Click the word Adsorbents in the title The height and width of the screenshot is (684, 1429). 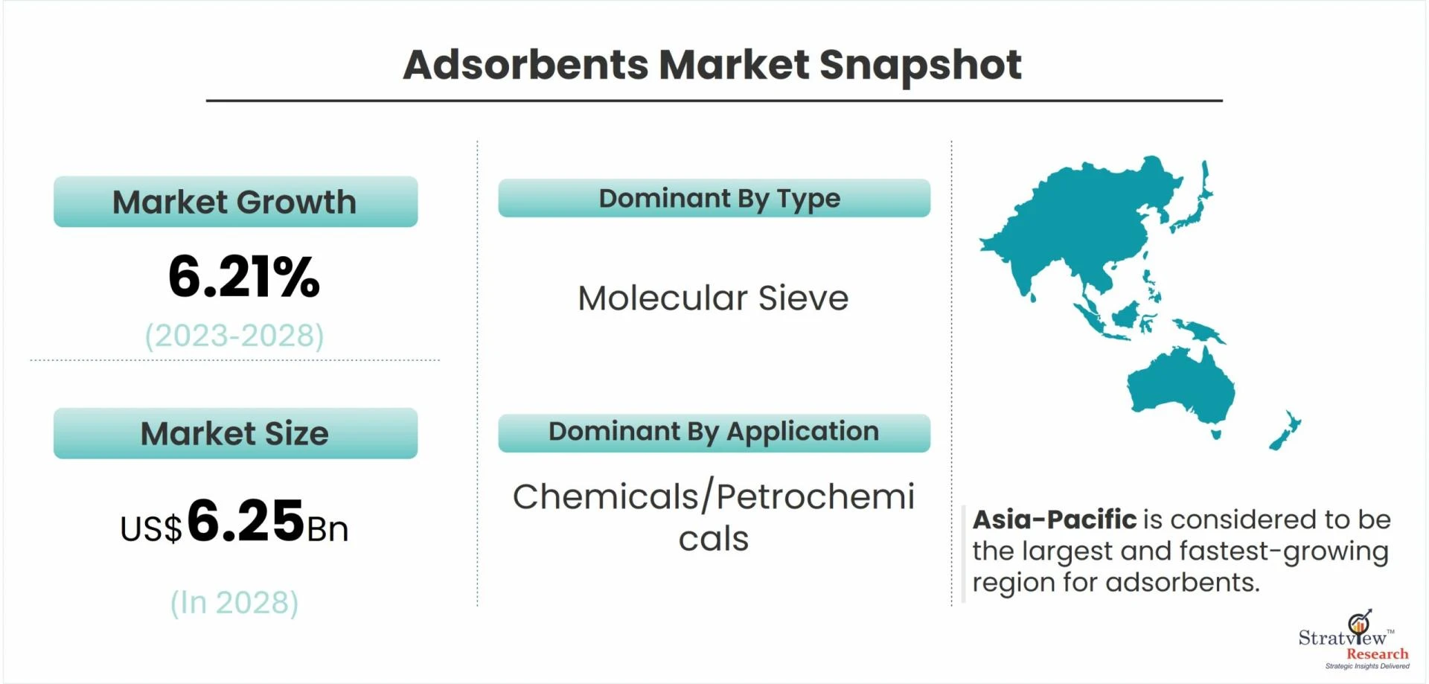click(x=525, y=65)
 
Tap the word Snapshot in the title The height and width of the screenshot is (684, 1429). click(x=920, y=65)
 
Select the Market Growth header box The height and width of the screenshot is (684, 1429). click(x=235, y=202)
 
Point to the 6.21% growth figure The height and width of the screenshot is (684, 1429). click(x=243, y=277)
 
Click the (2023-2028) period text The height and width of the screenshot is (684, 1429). click(x=234, y=336)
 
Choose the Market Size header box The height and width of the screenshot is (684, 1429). click(x=235, y=433)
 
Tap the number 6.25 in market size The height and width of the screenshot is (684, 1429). click(x=246, y=520)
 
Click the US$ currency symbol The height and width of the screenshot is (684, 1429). click(x=150, y=529)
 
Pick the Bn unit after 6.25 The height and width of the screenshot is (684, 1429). click(x=327, y=529)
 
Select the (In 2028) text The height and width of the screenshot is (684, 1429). click(x=234, y=602)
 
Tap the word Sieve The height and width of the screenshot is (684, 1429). click(x=803, y=298)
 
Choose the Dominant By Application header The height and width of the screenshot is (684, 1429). click(x=714, y=432)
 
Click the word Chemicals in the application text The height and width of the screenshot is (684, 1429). click(x=605, y=496)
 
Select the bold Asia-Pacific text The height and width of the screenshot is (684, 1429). click(x=1054, y=520)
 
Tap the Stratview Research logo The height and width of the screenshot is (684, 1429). click(x=1354, y=639)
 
